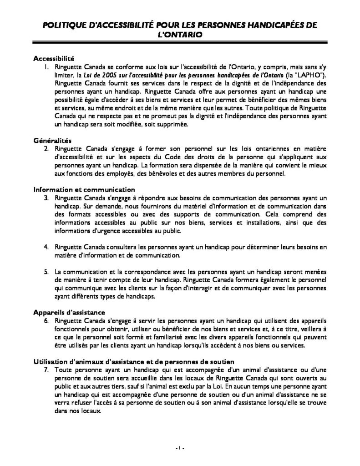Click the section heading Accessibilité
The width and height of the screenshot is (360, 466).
[x=53, y=59]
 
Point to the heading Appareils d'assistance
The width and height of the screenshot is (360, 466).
[x=70, y=312]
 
